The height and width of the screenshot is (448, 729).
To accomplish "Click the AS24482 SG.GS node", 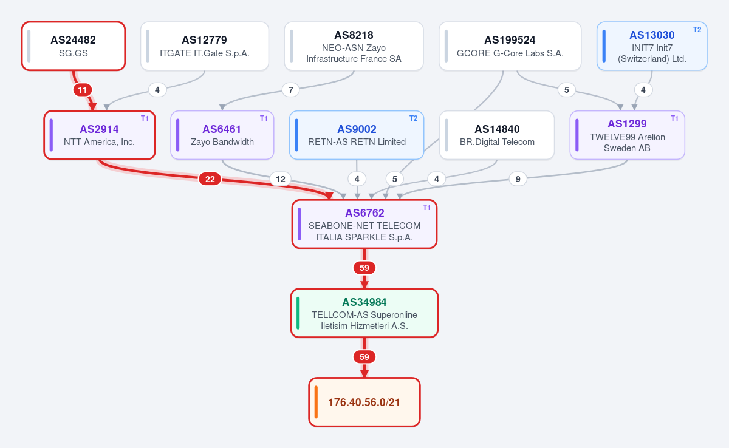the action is coord(74,46).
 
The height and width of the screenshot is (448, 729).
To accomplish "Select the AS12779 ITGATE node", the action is coord(205,46).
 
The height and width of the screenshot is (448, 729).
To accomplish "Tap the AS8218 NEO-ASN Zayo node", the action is coord(354,46).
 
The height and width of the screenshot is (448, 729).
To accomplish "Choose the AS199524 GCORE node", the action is coord(510,46).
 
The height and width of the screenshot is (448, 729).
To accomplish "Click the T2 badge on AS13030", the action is coord(697,30).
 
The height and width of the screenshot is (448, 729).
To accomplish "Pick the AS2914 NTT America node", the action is coord(100,135).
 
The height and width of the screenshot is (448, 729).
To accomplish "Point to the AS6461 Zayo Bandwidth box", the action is coord(222,135).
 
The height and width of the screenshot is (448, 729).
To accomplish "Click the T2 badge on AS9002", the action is coord(413,118).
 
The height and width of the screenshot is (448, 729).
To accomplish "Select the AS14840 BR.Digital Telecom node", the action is coord(497,135).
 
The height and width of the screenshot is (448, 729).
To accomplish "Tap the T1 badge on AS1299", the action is coord(674,118).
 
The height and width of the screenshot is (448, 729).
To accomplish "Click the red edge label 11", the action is coord(83,90).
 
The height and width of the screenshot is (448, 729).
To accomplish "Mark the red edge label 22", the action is coord(210,179).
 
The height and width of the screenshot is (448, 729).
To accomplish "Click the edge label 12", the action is coord(281,179).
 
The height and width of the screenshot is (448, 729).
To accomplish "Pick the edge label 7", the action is coord(290,90).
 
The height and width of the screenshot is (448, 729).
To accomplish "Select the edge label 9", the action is coord(518,179).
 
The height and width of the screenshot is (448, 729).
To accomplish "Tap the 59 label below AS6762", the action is coord(364,268).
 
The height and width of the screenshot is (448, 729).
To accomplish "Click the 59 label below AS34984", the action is coord(364,357).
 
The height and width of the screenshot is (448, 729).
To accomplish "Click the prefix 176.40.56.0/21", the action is coord(364,402).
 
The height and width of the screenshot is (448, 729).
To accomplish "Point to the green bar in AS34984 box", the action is coord(298,313).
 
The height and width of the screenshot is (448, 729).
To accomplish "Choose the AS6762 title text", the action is coord(364,213).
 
